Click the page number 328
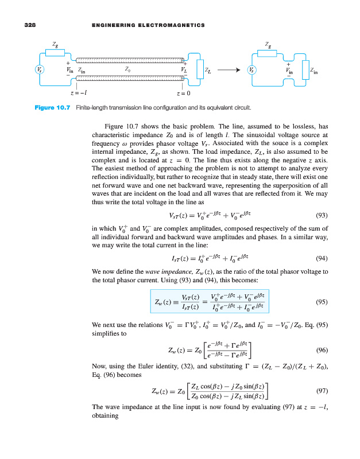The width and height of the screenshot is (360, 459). pyautogui.click(x=25, y=25)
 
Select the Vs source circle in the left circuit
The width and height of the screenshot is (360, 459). pyautogui.click(x=38, y=70)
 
